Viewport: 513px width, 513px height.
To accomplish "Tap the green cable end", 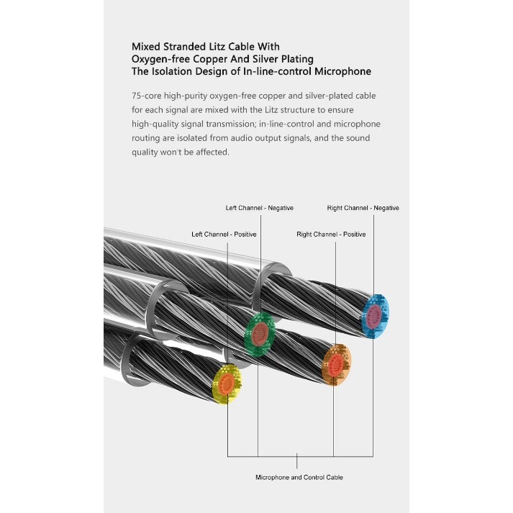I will click(x=260, y=332).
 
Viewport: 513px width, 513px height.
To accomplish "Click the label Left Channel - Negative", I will click(x=259, y=208).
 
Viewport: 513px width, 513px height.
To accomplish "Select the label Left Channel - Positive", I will click(x=224, y=235).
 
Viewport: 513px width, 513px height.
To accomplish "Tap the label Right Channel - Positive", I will click(x=331, y=235).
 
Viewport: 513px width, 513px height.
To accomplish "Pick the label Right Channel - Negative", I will click(x=363, y=208).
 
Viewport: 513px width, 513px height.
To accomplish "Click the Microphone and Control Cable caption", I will click(x=299, y=477).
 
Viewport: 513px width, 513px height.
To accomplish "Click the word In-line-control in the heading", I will click(x=282, y=71).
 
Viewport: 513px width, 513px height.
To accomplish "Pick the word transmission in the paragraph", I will click(x=245, y=124).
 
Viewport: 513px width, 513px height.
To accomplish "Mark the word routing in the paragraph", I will click(x=147, y=138).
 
